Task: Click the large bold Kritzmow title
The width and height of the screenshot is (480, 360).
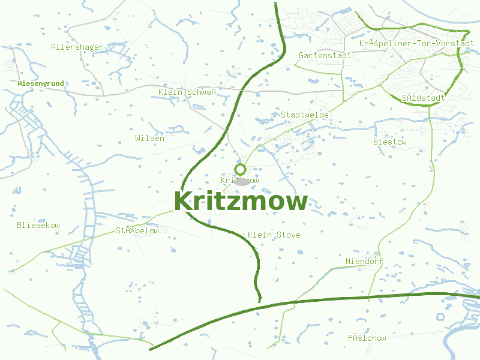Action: pyautogui.click(x=241, y=201)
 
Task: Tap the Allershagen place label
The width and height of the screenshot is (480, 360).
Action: pyautogui.click(x=77, y=47)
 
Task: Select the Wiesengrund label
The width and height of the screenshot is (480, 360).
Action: pyautogui.click(x=41, y=83)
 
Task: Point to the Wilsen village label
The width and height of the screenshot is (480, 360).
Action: pyautogui.click(x=149, y=138)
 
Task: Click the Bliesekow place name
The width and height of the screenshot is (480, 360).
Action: pyautogui.click(x=38, y=225)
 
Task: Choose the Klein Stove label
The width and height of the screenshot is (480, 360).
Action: pyautogui.click(x=274, y=235)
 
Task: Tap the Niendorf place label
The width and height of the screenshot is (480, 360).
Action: pyautogui.click(x=364, y=261)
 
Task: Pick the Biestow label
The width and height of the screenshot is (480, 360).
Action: pyautogui.click(x=390, y=142)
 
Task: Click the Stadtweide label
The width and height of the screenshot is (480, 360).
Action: pyautogui.click(x=304, y=114)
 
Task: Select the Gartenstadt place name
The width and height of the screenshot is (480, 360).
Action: pyautogui.click(x=325, y=55)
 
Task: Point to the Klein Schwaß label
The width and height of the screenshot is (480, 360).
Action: pyautogui.click(x=187, y=91)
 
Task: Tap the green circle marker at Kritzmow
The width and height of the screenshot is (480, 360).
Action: pyautogui.click(x=241, y=169)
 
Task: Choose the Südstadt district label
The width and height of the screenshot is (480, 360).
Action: pyautogui.click(x=424, y=97)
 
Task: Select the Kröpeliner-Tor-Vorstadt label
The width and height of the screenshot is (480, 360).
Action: pyautogui.click(x=416, y=43)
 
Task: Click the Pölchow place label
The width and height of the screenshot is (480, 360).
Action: pyautogui.click(x=367, y=338)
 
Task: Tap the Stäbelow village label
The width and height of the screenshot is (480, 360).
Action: pyautogui.click(x=137, y=230)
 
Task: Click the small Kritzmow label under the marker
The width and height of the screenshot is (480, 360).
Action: pyautogui.click(x=239, y=180)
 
